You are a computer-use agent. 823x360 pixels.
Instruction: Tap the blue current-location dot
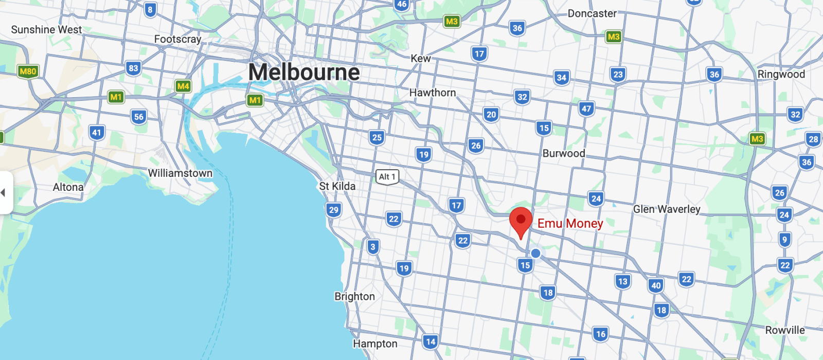pyautogui.click(x=535, y=253)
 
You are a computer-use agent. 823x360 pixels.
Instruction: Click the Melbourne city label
pyautogui.click(x=304, y=72)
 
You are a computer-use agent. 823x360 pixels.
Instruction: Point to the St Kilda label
pyautogui.click(x=337, y=186)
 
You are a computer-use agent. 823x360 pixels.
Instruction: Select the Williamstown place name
pyautogui.click(x=180, y=173)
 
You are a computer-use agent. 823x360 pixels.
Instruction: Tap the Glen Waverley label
pyautogui.click(x=667, y=209)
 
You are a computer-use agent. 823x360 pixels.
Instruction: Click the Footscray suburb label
pyautogui.click(x=177, y=39)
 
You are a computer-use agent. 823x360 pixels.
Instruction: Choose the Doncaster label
pyautogui.click(x=592, y=14)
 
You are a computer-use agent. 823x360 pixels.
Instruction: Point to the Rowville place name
pyautogui.click(x=785, y=330)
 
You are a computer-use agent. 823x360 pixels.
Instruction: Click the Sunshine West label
pyautogui.click(x=46, y=30)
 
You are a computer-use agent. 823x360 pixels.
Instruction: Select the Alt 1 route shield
pyautogui.click(x=387, y=177)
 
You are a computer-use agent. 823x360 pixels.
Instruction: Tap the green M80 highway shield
pyautogui.click(x=28, y=71)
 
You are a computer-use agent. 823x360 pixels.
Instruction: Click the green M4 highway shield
pyautogui.click(x=183, y=86)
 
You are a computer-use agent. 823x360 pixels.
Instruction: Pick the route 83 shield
pyautogui.click(x=133, y=68)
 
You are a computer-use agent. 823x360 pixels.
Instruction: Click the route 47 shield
pyautogui.click(x=586, y=109)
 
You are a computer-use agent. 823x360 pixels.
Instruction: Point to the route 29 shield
pyautogui.click(x=333, y=210)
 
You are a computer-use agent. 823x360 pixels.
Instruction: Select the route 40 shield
pyautogui.click(x=656, y=286)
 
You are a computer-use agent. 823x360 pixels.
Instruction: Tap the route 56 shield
pyautogui.click(x=138, y=117)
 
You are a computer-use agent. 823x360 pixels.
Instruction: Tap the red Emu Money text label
pyautogui.click(x=570, y=223)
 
